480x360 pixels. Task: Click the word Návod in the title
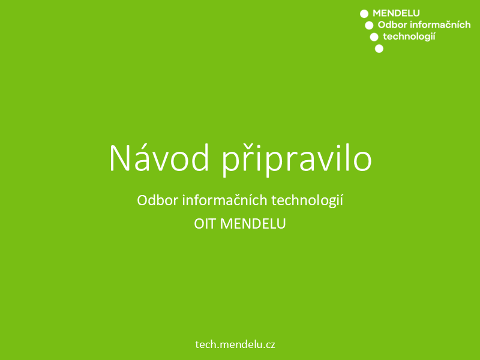[x=159, y=158]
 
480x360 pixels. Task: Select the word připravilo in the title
[x=297, y=159]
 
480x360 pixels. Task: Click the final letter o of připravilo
[x=362, y=161]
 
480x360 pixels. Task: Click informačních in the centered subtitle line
[x=224, y=200]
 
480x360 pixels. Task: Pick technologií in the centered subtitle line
[x=307, y=201]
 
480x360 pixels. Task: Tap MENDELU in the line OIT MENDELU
[x=253, y=224]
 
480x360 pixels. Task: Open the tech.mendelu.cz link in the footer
[x=235, y=344]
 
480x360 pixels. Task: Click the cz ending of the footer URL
[x=270, y=346]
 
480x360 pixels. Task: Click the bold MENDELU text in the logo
[x=396, y=13]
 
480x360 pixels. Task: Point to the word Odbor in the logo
[x=392, y=25]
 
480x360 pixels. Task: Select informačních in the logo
[x=440, y=25]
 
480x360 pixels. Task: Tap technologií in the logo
[x=409, y=37]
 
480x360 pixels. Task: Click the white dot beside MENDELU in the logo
[x=364, y=14]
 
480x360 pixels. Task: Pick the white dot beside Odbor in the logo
[x=369, y=25]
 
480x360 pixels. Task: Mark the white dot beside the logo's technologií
[x=374, y=37]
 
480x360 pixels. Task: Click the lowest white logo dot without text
[x=379, y=49]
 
